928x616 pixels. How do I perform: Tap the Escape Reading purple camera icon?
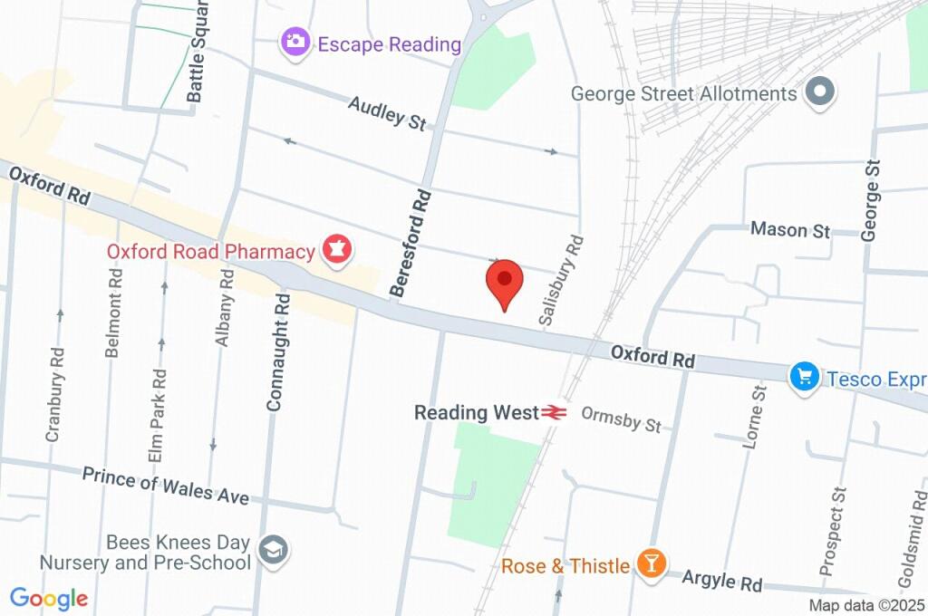[x=294, y=42]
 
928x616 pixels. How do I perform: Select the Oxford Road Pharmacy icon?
[x=337, y=249]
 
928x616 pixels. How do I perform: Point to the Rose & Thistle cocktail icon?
[x=650, y=563]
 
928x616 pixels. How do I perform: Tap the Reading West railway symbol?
[x=555, y=413]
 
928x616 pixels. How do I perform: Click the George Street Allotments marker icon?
[x=821, y=92]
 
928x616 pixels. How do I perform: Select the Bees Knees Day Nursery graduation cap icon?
[x=272, y=550]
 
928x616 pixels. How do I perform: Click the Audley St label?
[x=387, y=114]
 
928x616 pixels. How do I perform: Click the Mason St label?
[x=790, y=230]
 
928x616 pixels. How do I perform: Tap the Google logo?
[x=49, y=598]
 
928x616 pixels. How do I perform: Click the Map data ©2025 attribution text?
[x=866, y=606]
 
